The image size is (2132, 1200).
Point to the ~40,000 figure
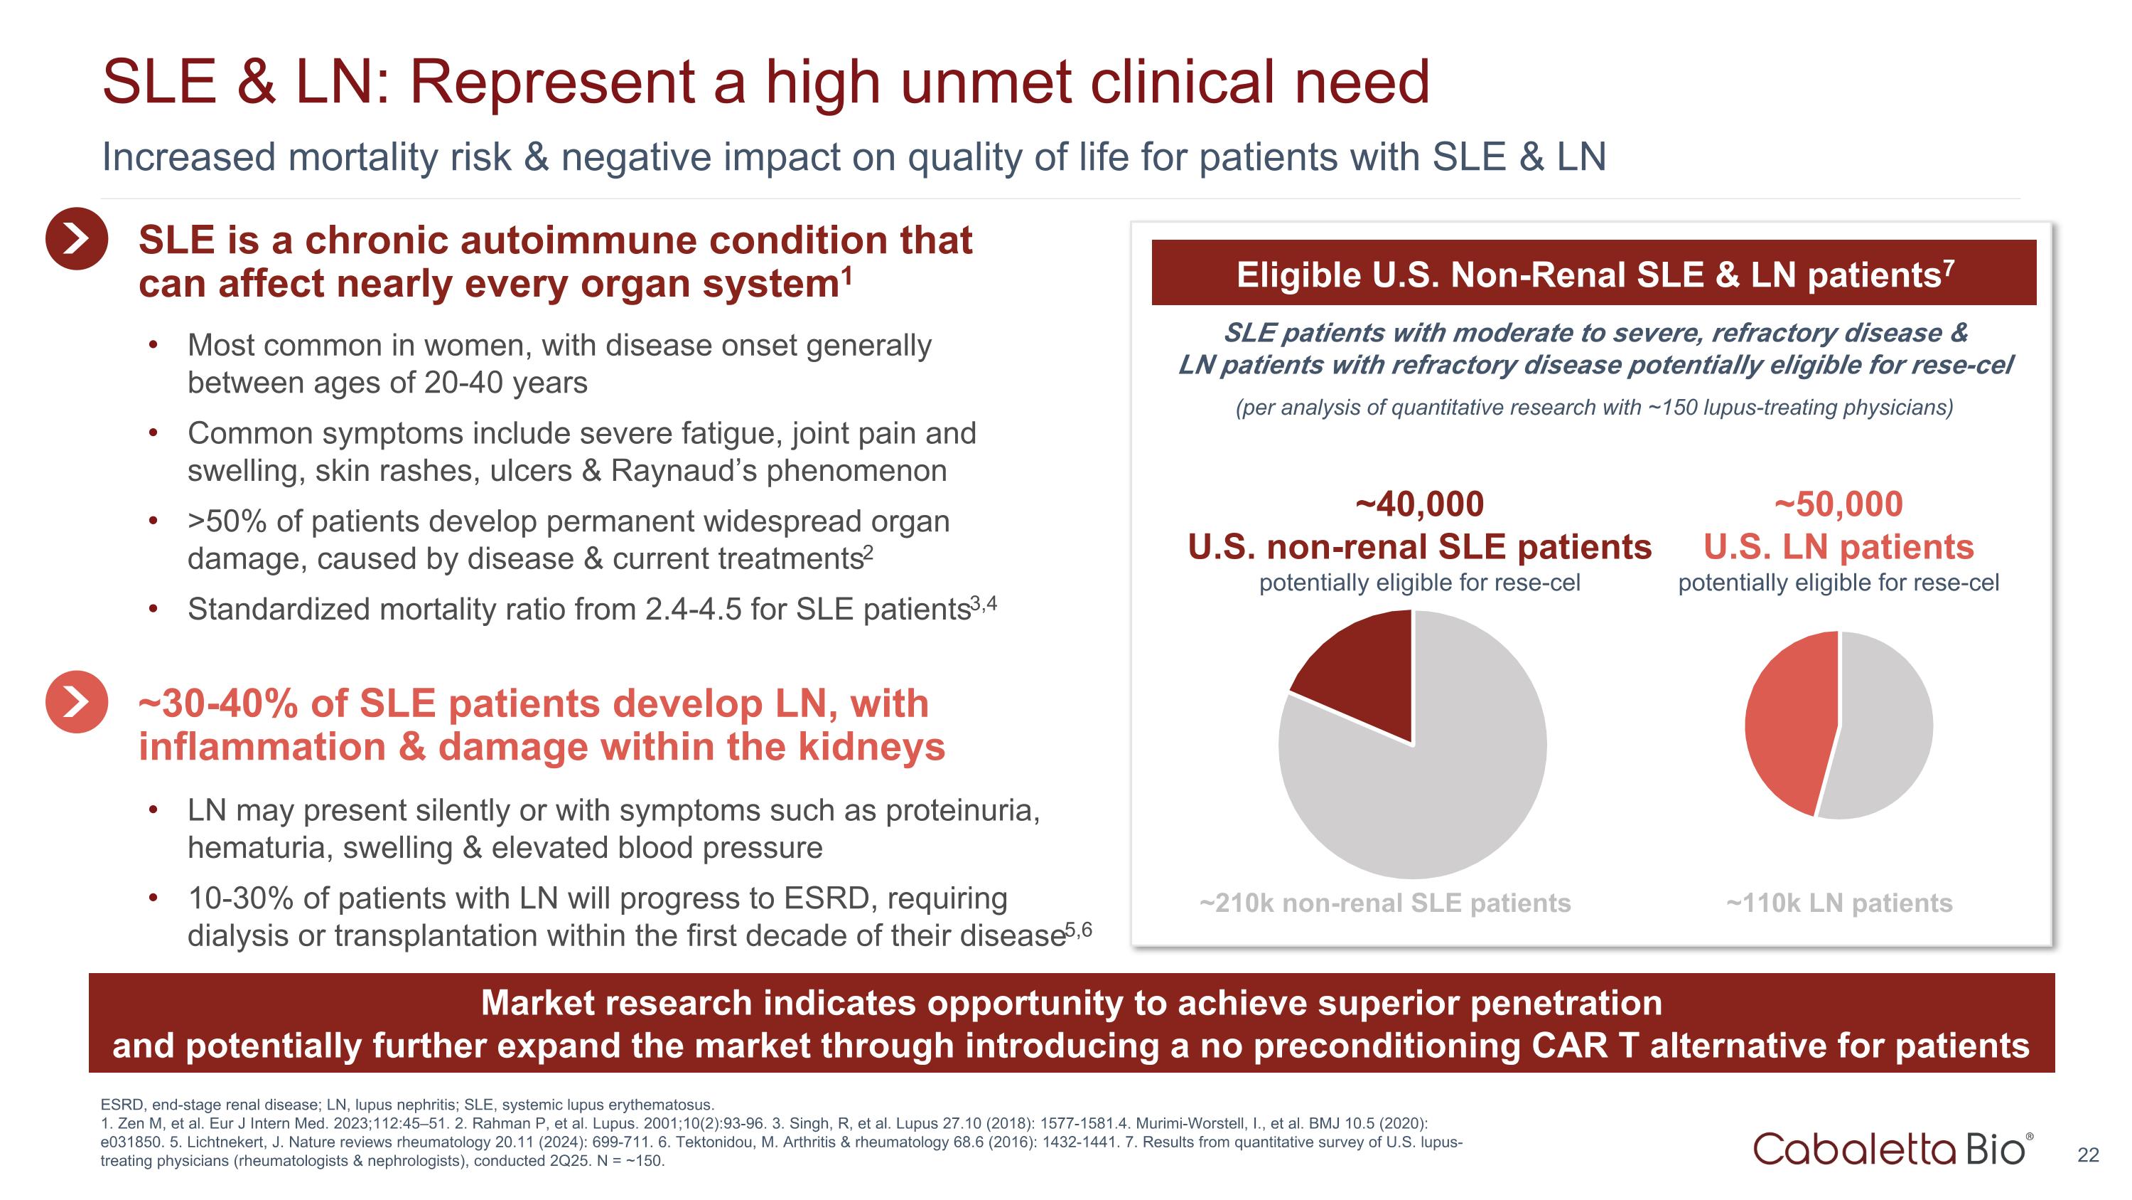[x=1419, y=504]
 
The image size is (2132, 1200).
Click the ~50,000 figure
[x=1838, y=504]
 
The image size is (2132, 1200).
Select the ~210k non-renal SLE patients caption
[x=1384, y=903]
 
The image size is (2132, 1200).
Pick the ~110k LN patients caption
[x=1838, y=903]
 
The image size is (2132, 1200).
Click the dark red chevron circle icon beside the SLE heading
[x=76, y=238]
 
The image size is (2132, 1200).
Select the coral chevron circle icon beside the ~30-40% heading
[x=76, y=702]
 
